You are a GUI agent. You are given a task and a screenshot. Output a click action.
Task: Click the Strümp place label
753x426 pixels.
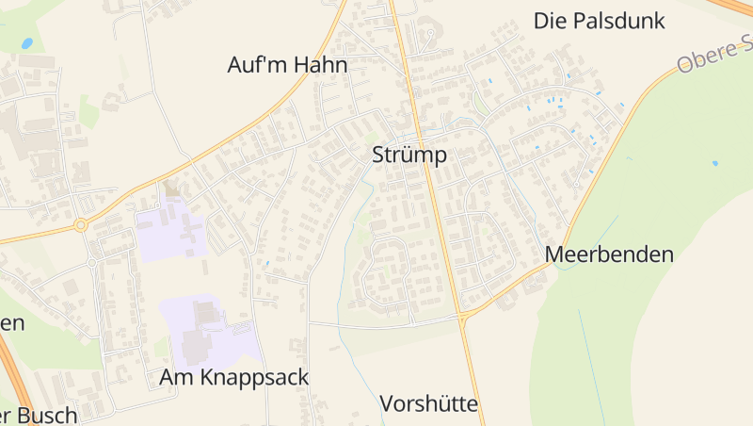409,155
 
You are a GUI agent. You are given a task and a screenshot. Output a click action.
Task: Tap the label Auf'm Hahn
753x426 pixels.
287,65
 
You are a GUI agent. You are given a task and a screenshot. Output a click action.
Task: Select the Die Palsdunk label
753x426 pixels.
600,21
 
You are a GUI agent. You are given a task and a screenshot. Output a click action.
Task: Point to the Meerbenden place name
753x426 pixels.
609,254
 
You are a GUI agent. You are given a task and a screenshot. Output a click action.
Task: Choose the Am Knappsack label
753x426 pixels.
234,377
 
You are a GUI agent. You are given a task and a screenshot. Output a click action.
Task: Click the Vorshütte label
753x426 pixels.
429,404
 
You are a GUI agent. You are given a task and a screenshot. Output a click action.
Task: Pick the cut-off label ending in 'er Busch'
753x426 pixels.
38,415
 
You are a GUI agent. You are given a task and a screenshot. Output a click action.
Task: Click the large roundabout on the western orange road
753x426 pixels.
81,225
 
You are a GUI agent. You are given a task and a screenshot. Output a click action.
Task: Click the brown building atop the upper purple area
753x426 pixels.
170,190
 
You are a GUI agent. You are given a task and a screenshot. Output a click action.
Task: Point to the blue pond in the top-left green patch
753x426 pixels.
26,43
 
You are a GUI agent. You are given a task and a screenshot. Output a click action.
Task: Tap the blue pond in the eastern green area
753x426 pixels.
714,163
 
